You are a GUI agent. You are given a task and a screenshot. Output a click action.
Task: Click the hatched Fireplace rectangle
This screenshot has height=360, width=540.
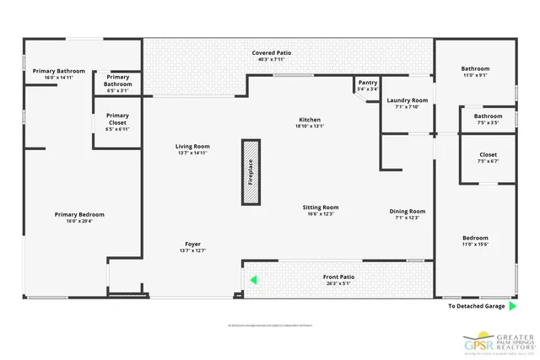pos(251,172)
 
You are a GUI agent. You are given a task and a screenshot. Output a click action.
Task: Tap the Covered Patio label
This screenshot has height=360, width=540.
pos(269,53)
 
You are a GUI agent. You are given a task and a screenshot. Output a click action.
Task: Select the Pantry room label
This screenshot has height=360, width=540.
pos(367,83)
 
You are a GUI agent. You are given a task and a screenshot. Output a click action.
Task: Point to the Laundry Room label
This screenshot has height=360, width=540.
pos(408,100)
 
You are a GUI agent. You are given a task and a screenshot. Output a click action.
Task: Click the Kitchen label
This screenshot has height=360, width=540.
pos(310,120)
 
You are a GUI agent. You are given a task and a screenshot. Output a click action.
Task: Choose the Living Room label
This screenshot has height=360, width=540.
pos(192,147)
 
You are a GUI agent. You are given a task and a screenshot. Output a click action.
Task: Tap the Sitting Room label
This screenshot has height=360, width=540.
pos(321,207)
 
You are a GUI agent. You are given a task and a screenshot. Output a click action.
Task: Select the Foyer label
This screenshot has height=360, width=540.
pos(193,244)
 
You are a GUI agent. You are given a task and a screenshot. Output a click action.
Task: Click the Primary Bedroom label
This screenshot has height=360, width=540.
pos(79,215)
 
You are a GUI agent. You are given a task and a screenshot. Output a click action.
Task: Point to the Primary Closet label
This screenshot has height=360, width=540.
pos(117,119)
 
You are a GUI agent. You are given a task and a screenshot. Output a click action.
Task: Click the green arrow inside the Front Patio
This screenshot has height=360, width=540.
pos(251,281)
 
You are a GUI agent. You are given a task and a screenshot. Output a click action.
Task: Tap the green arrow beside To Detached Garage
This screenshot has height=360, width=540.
pos(512,306)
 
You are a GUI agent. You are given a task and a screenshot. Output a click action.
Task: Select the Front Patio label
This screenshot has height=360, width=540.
pos(338,277)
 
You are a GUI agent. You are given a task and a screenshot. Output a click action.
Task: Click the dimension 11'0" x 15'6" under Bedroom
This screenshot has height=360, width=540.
pos(474,244)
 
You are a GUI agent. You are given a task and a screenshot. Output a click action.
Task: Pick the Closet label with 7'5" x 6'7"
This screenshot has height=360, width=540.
pos(488,155)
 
